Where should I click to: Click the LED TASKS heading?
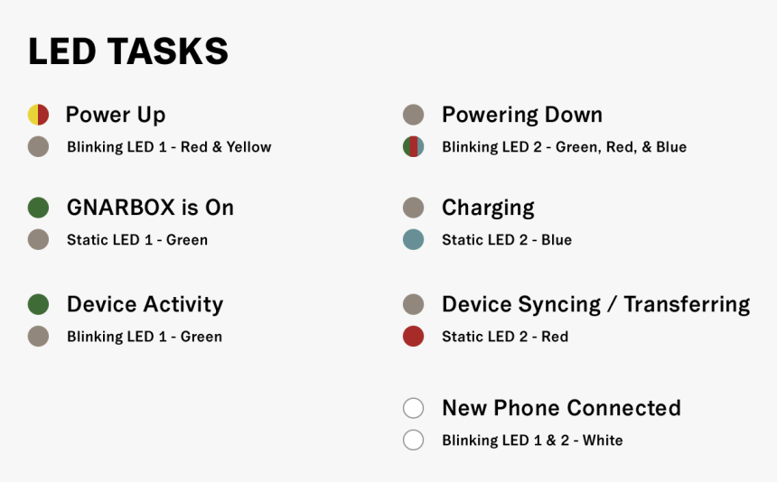[x=128, y=51]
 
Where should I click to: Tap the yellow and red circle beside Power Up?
[x=38, y=115]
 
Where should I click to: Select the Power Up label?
[x=116, y=116]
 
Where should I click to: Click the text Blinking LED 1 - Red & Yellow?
[x=169, y=147]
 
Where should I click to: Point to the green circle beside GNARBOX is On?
[x=38, y=208]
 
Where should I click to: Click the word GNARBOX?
[x=121, y=208]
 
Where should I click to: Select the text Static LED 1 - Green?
[x=137, y=240]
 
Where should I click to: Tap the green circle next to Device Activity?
[x=38, y=304]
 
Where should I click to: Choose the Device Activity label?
[x=145, y=304]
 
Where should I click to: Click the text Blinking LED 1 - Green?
[x=145, y=337]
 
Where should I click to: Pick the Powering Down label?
[x=522, y=116]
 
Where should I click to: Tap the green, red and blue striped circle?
[x=413, y=147]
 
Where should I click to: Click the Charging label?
[x=488, y=208]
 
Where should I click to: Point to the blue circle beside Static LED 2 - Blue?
[x=413, y=240]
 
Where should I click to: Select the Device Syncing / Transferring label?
[x=595, y=304]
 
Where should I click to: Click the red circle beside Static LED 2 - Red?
[x=413, y=337]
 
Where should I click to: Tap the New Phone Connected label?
[x=561, y=408]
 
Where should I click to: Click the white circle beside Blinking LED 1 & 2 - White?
[x=413, y=440]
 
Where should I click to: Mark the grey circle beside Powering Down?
[x=413, y=115]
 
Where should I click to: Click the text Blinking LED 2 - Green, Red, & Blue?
[x=564, y=147]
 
